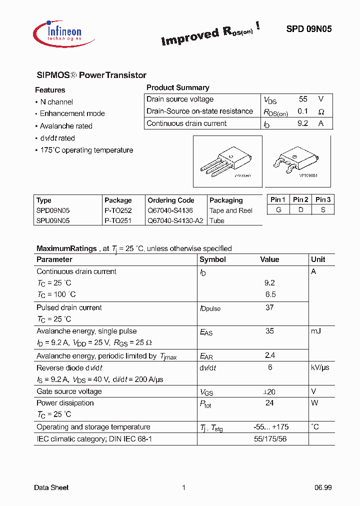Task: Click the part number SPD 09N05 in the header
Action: pyautogui.click(x=308, y=29)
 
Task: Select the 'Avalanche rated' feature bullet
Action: pyautogui.click(x=66, y=126)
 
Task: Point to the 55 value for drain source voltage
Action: pyautogui.click(x=303, y=99)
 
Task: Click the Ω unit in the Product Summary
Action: pyautogui.click(x=321, y=111)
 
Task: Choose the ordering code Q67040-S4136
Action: pyautogui.click(x=170, y=210)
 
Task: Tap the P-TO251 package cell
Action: pyautogui.click(x=118, y=220)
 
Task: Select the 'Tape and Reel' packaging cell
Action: pyautogui.click(x=231, y=210)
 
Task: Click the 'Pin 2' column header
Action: pyautogui.click(x=300, y=199)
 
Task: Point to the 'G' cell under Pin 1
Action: pyautogui.click(x=278, y=210)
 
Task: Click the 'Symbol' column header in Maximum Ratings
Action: pyautogui.click(x=212, y=259)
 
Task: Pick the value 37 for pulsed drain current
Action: pyautogui.click(x=269, y=307)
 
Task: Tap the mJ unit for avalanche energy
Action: pyautogui.click(x=316, y=331)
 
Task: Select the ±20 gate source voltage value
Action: pyautogui.click(x=270, y=391)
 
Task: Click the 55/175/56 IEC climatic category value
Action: pyautogui.click(x=270, y=438)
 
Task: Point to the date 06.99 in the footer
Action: pyautogui.click(x=323, y=487)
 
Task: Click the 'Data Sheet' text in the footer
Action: pyautogui.click(x=51, y=487)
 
